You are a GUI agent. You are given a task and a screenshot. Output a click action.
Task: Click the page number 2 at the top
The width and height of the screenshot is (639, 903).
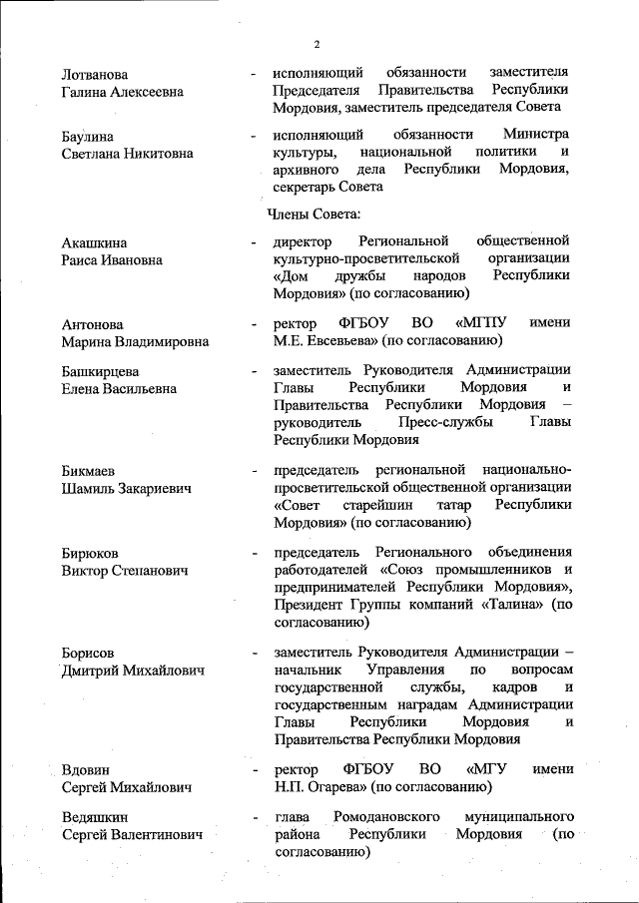[317, 44]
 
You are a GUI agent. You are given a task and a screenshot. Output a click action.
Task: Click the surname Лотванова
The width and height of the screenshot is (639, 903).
[95, 74]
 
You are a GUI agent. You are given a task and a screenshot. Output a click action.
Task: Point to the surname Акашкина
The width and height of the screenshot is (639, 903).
[95, 242]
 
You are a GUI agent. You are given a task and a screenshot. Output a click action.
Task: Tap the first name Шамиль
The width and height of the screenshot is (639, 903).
[90, 489]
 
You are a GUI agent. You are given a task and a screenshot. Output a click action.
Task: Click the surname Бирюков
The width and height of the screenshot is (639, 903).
[90, 555]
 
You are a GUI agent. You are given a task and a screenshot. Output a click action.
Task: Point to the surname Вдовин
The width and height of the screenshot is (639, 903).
[86, 770]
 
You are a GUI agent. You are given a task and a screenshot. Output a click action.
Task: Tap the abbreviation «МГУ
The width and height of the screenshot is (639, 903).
[488, 769]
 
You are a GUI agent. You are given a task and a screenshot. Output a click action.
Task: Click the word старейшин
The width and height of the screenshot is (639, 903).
[374, 505]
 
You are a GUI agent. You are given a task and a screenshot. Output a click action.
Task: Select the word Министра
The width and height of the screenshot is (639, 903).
[536, 135]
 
